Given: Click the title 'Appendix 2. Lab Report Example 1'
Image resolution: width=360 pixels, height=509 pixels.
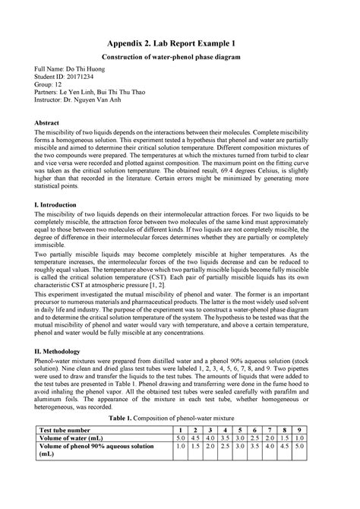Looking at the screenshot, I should [181, 43].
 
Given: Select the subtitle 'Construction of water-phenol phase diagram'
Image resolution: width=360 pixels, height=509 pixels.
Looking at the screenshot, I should [181, 58].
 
